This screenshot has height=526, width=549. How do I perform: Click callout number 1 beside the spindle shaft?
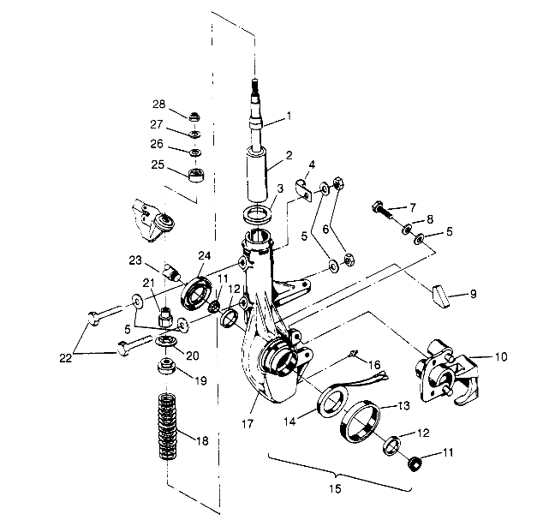pos(289,116)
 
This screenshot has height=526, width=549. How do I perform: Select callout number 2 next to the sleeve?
pos(289,156)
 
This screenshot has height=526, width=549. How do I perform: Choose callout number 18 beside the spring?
pos(202,442)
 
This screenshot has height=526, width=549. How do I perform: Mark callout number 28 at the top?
pos(158,104)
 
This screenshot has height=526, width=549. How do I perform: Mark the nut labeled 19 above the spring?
pos(165,369)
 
